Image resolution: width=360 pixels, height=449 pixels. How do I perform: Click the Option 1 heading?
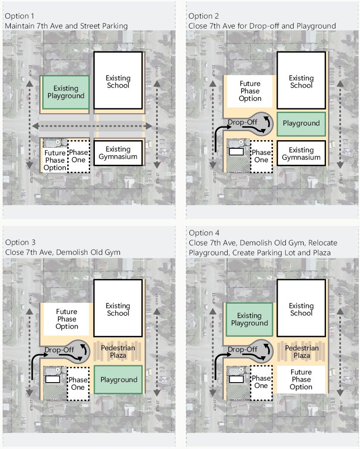19,16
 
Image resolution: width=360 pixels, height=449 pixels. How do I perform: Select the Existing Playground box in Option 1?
66,92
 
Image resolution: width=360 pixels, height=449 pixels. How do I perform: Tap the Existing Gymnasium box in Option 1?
118,153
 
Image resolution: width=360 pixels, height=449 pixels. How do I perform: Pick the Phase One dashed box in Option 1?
78,156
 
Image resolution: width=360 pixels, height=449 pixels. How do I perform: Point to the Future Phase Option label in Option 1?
55,160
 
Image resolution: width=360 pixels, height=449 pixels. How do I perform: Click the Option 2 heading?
203,16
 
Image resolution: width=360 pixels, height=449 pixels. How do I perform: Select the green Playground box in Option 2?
301,123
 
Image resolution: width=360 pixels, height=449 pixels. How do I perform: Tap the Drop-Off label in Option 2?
242,122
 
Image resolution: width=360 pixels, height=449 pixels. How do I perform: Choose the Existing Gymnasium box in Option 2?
301,154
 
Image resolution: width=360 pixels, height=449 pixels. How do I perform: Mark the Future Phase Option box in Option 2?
250,91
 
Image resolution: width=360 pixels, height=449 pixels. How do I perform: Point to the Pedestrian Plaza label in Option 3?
118,352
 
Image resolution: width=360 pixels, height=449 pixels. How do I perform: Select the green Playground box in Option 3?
118,380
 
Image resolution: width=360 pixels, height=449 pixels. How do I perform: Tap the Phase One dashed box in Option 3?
78,383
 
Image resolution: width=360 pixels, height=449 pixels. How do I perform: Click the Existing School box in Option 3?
118,309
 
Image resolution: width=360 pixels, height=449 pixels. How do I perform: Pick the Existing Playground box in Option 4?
249,320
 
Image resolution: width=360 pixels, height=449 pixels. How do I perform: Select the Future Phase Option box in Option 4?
301,380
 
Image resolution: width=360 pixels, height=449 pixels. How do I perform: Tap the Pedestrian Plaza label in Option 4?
302,352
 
